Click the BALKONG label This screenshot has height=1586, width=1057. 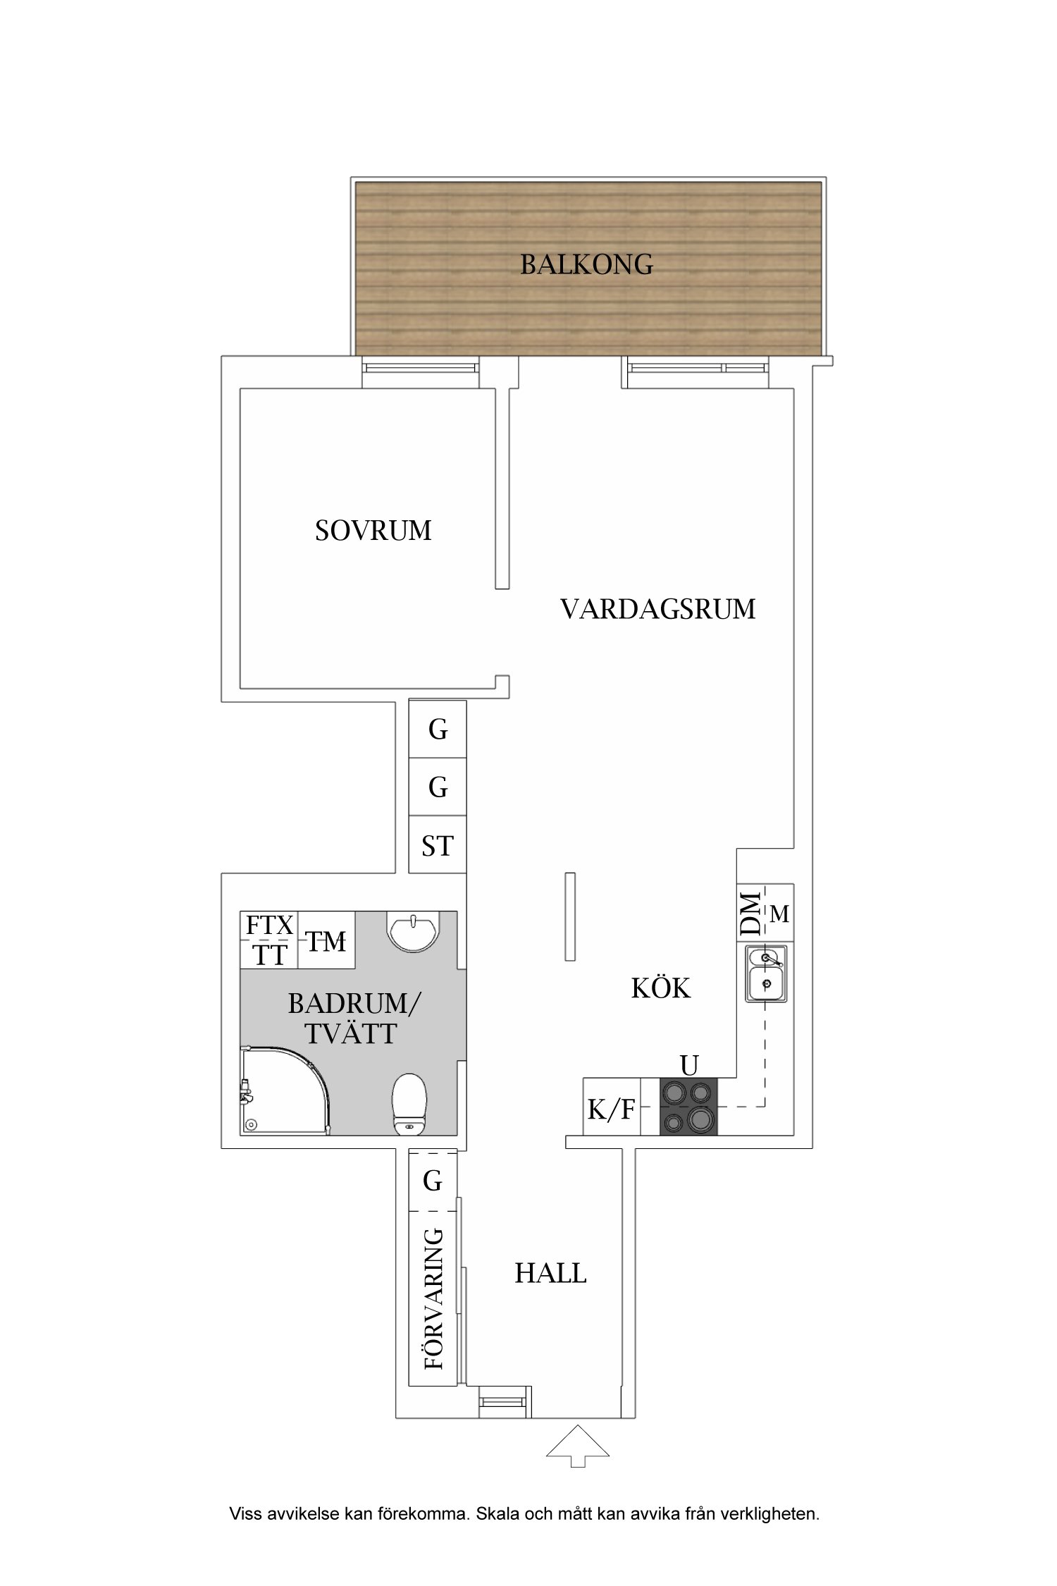(x=586, y=264)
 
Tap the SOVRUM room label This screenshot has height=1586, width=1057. (x=373, y=531)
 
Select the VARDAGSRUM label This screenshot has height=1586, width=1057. (x=657, y=609)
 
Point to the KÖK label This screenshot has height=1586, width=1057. (x=660, y=988)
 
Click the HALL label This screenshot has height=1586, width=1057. (x=550, y=1273)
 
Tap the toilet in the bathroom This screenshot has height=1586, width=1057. (x=409, y=1103)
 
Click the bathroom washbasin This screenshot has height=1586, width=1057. (x=413, y=930)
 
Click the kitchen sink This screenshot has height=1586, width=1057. (x=766, y=973)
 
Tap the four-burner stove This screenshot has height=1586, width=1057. (x=688, y=1107)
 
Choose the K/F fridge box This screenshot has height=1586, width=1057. (x=611, y=1109)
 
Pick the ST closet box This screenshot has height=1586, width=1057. (x=438, y=846)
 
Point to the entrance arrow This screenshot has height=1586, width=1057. (x=577, y=1445)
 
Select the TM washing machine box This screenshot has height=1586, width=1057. (x=326, y=942)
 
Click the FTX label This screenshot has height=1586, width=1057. (x=268, y=925)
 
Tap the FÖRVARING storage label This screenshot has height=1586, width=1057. (x=434, y=1298)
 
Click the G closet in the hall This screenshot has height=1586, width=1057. (x=433, y=1181)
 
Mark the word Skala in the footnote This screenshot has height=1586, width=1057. (x=497, y=1513)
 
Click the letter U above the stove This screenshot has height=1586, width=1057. (x=689, y=1064)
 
